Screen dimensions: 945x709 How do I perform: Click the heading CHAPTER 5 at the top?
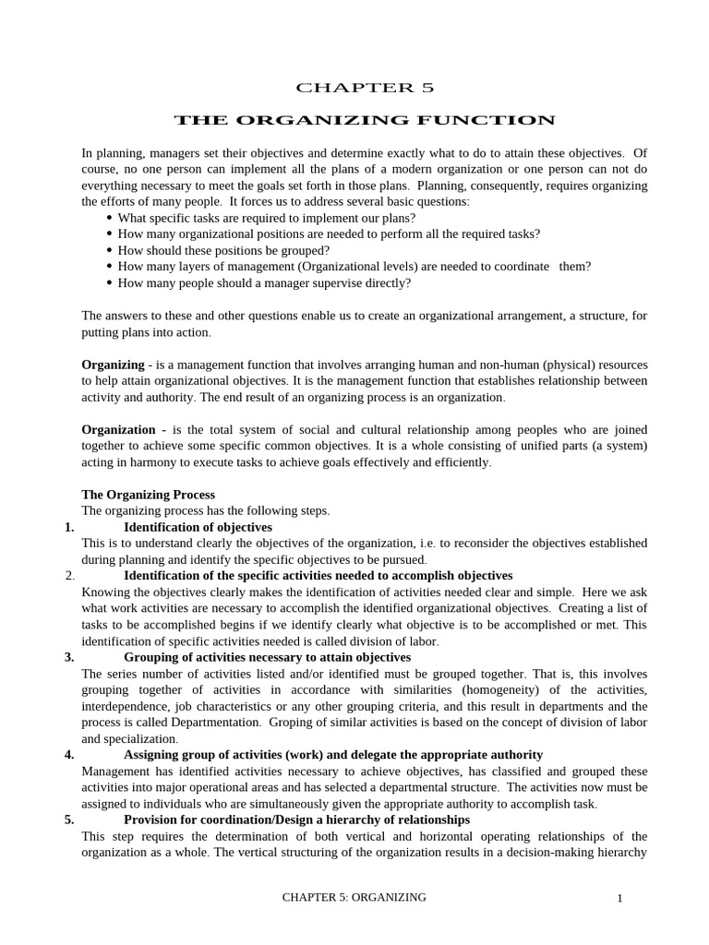point(364,88)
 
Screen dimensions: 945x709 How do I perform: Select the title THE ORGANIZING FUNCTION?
point(365,120)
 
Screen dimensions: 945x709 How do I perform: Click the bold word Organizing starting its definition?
point(113,365)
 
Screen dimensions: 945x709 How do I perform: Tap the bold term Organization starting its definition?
point(118,429)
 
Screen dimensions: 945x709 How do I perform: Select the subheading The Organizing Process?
point(148,495)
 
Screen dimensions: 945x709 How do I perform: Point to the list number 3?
point(69,657)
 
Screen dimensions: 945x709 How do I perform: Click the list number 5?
point(69,819)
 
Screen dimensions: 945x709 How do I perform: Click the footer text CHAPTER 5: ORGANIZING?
point(354,897)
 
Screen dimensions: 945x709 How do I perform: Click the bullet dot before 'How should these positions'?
point(110,250)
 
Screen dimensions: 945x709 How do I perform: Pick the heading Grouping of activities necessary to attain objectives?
point(267,657)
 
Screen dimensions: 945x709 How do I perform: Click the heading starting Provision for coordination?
point(296,819)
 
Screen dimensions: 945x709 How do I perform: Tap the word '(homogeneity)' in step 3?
point(518,689)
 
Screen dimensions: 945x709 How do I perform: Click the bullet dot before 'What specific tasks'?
point(110,218)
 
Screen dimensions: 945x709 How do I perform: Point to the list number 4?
point(69,754)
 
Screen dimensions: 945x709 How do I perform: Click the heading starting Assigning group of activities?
point(333,754)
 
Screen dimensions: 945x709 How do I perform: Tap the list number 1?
point(69,527)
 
